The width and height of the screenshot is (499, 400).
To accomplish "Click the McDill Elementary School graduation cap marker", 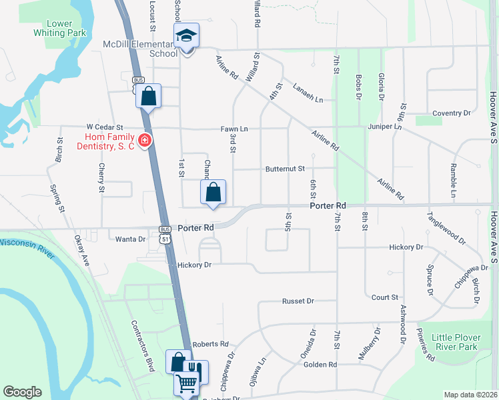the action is click(x=187, y=35).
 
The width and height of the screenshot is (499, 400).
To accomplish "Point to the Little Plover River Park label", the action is click(x=454, y=342).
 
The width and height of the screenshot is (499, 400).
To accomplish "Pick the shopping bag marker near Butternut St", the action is click(x=213, y=193).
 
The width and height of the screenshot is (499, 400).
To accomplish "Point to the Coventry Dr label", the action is click(x=452, y=113).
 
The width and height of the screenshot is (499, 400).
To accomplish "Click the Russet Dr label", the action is click(x=298, y=301).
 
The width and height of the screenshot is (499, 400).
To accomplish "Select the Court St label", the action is click(x=385, y=297).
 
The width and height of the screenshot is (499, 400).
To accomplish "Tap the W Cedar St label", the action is click(x=105, y=127).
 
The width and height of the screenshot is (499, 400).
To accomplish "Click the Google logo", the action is click(x=22, y=392).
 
